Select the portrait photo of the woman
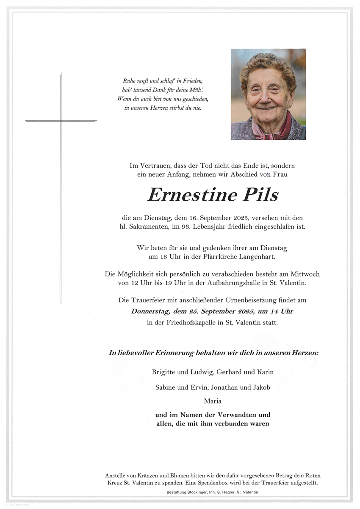[x=268, y=94]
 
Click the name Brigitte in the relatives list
[x=164, y=372]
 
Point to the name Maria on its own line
[x=213, y=401]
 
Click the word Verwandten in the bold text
[x=237, y=415]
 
